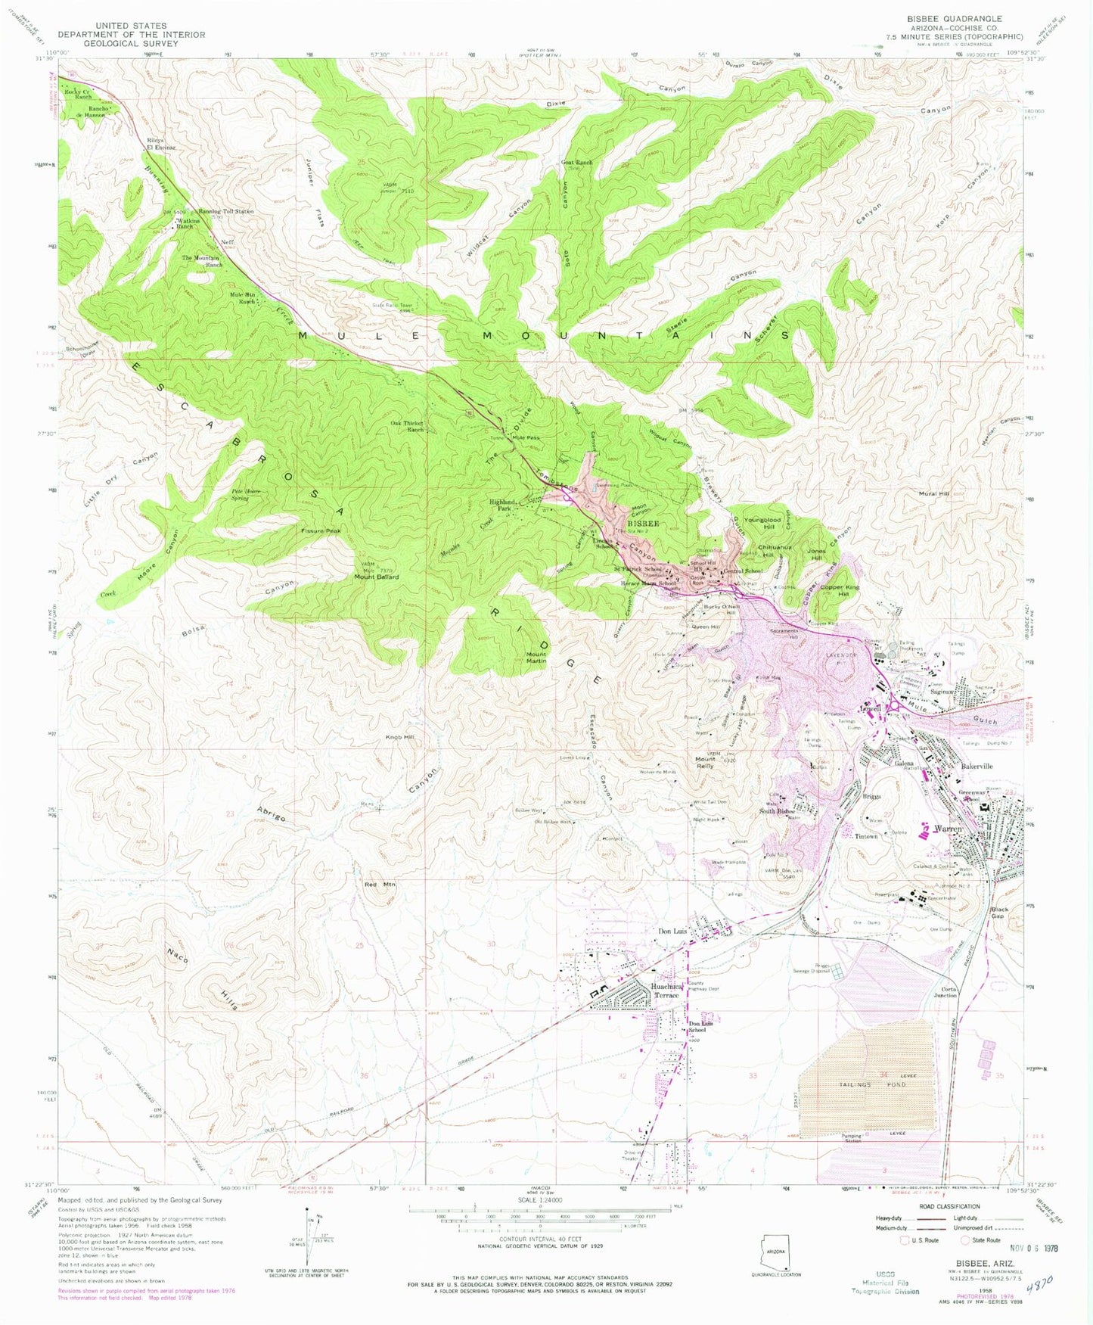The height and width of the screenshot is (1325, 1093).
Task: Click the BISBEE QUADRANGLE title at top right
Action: tap(954, 18)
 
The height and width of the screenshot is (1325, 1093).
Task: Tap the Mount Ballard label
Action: tap(376, 577)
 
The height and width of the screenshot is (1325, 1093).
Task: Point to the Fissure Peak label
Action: tap(321, 530)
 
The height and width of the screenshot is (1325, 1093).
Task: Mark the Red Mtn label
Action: tap(380, 884)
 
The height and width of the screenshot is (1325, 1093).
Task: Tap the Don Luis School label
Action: tap(697, 1028)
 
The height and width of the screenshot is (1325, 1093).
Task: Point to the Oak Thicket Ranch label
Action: tap(407, 426)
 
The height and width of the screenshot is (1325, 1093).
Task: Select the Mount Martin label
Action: tap(536, 658)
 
